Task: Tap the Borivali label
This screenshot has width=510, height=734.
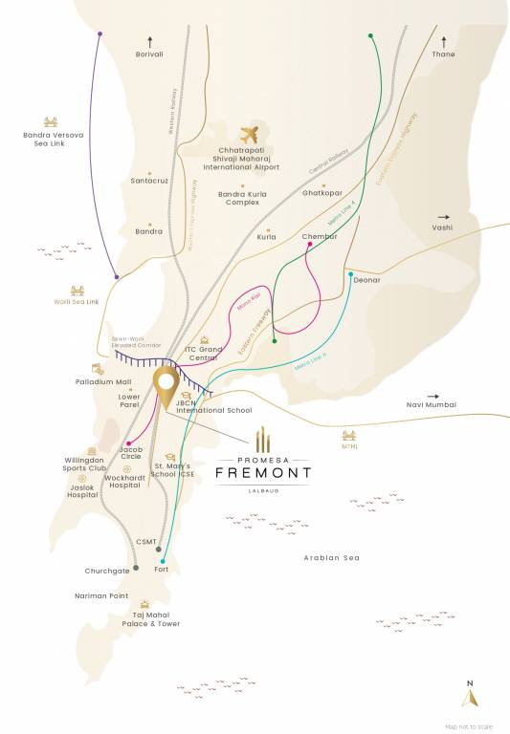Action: [x=150, y=54]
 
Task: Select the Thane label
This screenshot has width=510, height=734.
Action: [x=443, y=54]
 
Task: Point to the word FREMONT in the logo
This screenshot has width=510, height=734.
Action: [x=271, y=472]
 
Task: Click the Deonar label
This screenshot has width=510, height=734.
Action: [x=366, y=280]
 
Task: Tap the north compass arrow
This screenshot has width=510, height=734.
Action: [x=468, y=698]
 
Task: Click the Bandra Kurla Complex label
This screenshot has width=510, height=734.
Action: [x=243, y=197]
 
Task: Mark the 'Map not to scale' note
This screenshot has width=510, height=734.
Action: [x=468, y=724]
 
